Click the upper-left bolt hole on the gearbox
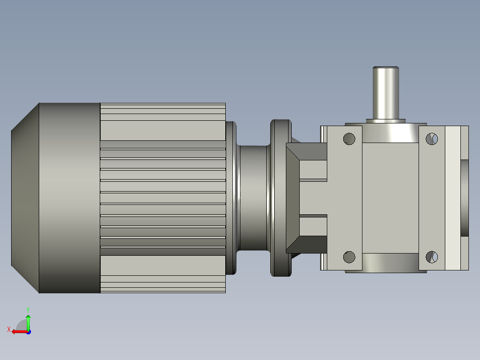[350, 139]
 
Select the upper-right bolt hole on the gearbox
[431, 139]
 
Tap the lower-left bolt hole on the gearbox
[350, 257]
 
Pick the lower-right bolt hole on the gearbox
[431, 257]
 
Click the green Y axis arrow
[28, 320]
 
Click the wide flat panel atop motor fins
[163, 130]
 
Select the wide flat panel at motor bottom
[163, 266]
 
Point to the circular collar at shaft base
[386, 120]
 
